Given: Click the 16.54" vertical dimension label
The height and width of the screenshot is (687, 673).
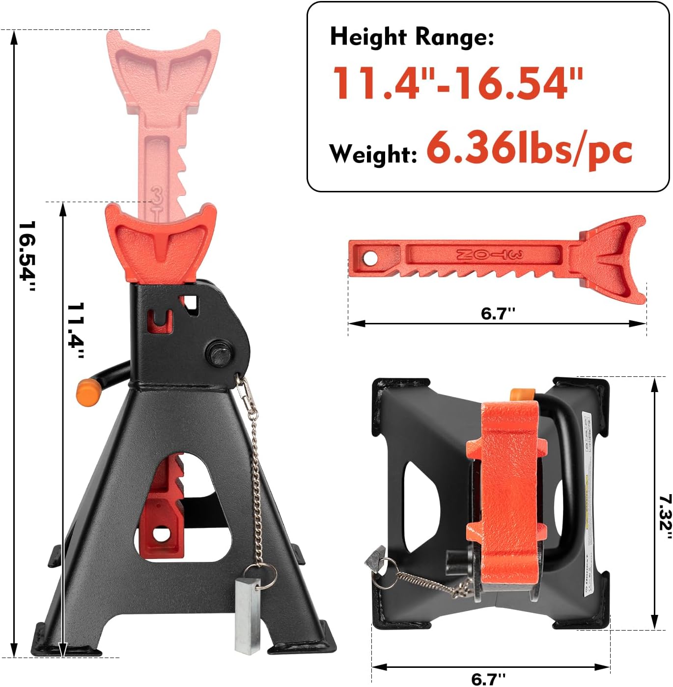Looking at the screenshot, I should (27, 256).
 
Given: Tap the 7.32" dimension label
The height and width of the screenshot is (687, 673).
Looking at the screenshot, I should (665, 518).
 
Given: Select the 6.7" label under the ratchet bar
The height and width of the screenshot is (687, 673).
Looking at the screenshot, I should (498, 313).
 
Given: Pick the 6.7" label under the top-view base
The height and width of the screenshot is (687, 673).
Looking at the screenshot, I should (488, 679).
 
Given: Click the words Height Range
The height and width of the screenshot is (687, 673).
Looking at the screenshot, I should (412, 37).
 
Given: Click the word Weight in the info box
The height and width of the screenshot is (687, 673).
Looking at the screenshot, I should (373, 154).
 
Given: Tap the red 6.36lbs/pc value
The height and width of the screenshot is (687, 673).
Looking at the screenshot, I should (529, 149).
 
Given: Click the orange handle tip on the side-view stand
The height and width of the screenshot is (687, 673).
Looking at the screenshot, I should (88, 392).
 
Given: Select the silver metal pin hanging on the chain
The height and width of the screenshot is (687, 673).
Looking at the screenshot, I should (247, 616).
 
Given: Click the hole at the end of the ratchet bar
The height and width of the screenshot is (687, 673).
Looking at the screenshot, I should (370, 258).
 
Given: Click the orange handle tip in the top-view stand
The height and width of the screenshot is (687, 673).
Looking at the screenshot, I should (522, 395).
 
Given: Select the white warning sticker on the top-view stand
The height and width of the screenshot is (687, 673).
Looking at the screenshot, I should (589, 505).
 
